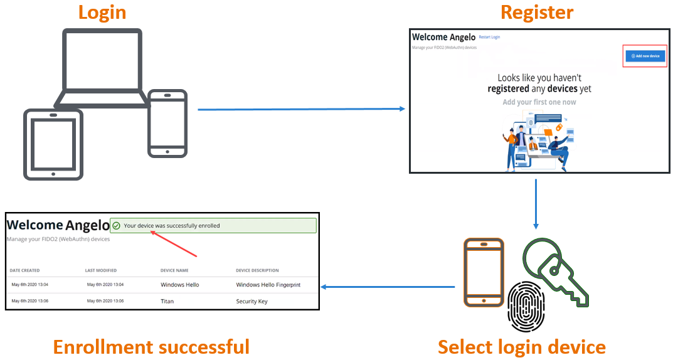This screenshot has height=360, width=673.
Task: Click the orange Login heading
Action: tap(102, 12)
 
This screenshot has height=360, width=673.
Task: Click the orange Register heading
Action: tap(536, 12)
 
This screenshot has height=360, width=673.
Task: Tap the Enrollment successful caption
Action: tap(151, 347)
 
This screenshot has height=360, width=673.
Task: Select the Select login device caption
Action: tap(521, 347)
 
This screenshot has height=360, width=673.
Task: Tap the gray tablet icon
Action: tap(53, 144)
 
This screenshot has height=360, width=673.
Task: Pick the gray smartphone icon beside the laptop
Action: tap(167, 124)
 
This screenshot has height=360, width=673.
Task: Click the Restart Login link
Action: tap(489, 38)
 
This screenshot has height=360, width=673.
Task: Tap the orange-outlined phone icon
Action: tap(484, 272)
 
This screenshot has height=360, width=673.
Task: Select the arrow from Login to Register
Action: tap(301, 109)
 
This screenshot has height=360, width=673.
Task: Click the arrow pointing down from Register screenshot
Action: tap(536, 204)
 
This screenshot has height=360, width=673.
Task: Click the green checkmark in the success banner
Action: tap(116, 226)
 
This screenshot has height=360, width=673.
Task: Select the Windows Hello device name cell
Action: tap(180, 285)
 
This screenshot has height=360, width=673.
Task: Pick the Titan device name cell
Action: tap(167, 301)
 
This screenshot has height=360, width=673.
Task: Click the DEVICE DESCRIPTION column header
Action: tap(257, 270)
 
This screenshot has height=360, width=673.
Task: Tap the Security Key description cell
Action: tap(252, 301)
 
